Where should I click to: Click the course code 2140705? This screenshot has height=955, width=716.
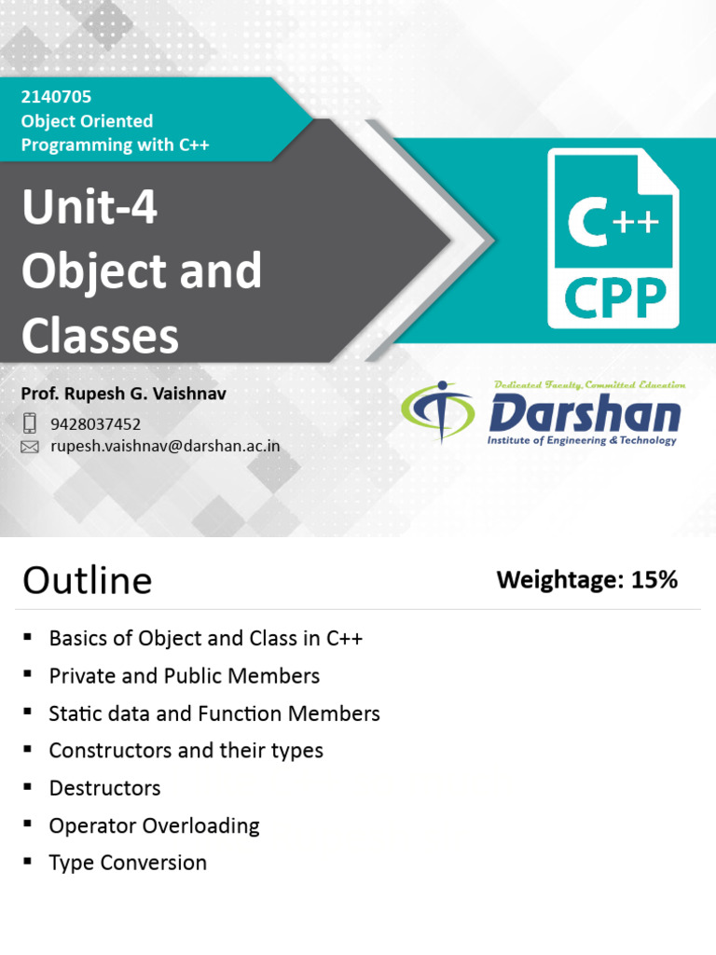(56, 96)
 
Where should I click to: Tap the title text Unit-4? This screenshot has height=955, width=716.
(89, 208)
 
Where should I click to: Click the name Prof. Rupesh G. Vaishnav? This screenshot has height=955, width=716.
(124, 394)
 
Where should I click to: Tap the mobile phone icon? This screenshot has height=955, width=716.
(30, 423)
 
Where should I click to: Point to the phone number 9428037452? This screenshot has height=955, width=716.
(95, 424)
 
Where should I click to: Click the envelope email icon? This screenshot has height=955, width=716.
(30, 447)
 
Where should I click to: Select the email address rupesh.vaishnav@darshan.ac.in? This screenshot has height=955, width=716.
(165, 447)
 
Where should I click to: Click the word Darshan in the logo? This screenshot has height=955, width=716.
(585, 412)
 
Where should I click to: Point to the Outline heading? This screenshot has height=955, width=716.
(88, 581)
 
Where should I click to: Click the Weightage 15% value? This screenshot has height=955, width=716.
(587, 580)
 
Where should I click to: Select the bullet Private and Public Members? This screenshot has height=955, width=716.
(184, 676)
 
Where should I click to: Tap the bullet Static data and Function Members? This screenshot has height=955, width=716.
(213, 713)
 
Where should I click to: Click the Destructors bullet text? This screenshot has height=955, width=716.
(104, 788)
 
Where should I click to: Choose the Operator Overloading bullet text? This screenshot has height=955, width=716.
(154, 825)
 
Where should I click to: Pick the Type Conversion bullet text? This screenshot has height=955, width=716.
(128, 863)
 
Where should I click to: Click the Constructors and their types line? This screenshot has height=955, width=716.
(186, 751)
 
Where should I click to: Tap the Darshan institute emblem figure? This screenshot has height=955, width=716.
(436, 413)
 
